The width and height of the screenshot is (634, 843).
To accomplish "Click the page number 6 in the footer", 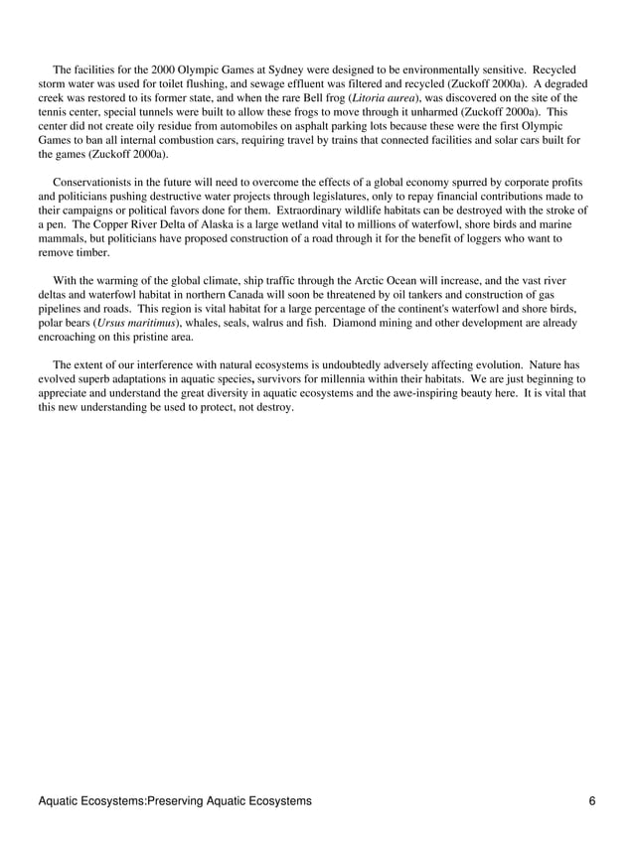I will tap(591, 800).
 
